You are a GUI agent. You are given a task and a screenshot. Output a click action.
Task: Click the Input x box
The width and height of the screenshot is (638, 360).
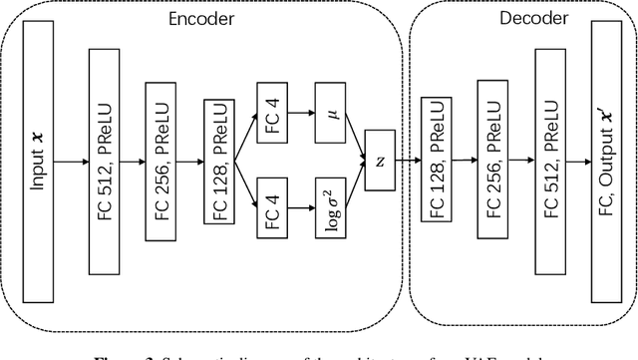(x=37, y=160)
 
